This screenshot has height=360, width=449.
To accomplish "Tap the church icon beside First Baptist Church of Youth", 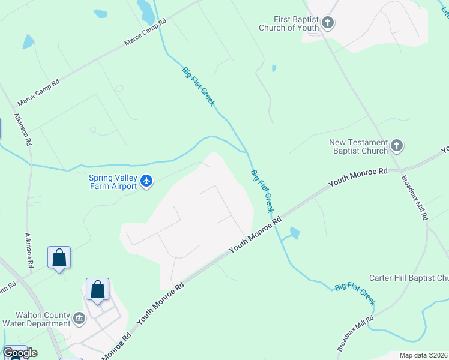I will pos(327,23).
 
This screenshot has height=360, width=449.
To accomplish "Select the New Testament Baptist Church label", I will pos(358,146).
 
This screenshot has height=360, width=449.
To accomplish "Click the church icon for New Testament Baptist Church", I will pos(396,145).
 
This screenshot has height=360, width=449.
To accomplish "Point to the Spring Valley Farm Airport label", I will pos(113,181).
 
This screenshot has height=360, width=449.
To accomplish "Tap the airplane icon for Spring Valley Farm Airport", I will pos(146,181).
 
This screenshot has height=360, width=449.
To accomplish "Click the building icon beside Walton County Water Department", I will pos(79,317).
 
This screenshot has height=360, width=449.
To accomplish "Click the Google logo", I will pos(20,352).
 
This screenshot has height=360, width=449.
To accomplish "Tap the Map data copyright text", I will pos(423,355).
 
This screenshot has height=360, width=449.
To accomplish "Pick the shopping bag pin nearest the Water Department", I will pos(97,290).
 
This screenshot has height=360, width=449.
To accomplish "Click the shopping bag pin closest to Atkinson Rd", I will pos(59,258).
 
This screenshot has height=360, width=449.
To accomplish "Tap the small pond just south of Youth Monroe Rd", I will pos(294,233).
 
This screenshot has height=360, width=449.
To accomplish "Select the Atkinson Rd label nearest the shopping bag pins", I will pos(28,251).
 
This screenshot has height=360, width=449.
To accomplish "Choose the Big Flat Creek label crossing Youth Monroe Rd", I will pos(262,191).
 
